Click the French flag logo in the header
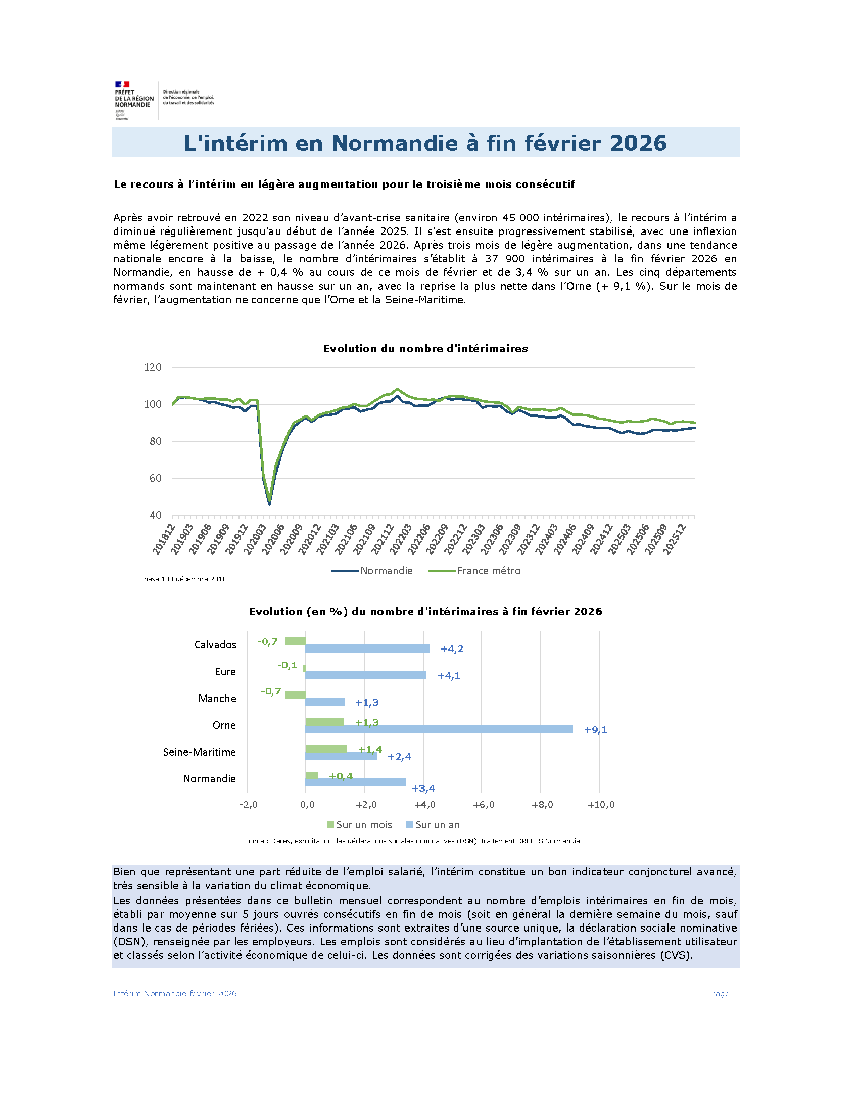[122, 84]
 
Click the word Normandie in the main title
[395, 143]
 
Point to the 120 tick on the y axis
[153, 367]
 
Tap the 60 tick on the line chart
[155, 478]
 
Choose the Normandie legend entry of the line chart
[372, 571]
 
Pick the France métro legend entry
[475, 571]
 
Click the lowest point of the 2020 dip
[269, 504]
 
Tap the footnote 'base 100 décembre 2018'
[185, 579]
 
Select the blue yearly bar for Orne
[439, 729]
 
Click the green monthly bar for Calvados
[295, 641]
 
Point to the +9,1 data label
[595, 729]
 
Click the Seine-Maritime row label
[200, 752]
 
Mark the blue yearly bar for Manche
[325, 702]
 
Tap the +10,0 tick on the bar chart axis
[601, 805]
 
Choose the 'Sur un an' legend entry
[433, 825]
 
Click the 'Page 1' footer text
[723, 993]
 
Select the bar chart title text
[425, 612]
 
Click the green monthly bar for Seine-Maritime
[326, 749]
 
